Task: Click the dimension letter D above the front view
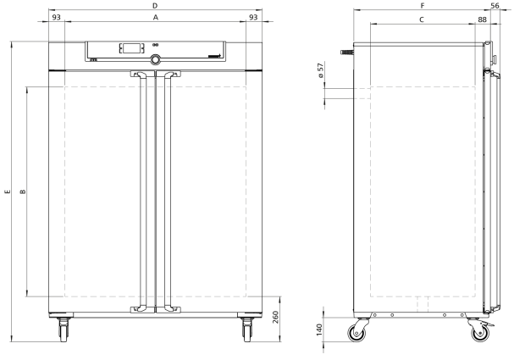(x=155, y=6)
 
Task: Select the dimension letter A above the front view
(x=155, y=18)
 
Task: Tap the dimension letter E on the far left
(x=8, y=191)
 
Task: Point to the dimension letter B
(x=23, y=191)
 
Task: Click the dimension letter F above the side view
(x=423, y=6)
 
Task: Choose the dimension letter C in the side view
(x=422, y=19)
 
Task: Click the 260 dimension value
(x=275, y=317)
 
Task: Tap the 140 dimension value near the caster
(x=319, y=330)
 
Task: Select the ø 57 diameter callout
(x=321, y=69)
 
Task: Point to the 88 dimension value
(x=482, y=19)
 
